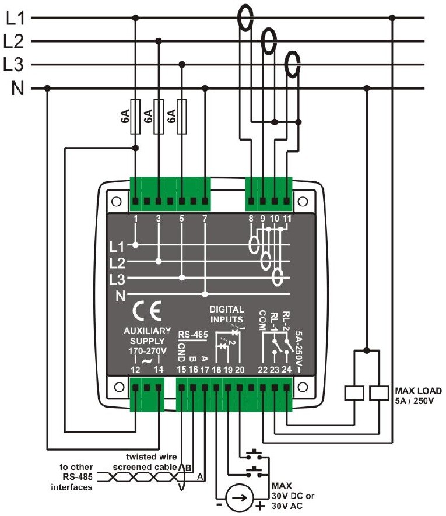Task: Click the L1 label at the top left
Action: click(x=14, y=18)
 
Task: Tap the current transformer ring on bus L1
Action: click(x=244, y=17)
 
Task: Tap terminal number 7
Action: click(x=205, y=219)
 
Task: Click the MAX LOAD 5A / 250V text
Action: click(x=416, y=395)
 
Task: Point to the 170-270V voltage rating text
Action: click(x=147, y=352)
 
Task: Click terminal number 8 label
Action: click(x=251, y=219)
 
